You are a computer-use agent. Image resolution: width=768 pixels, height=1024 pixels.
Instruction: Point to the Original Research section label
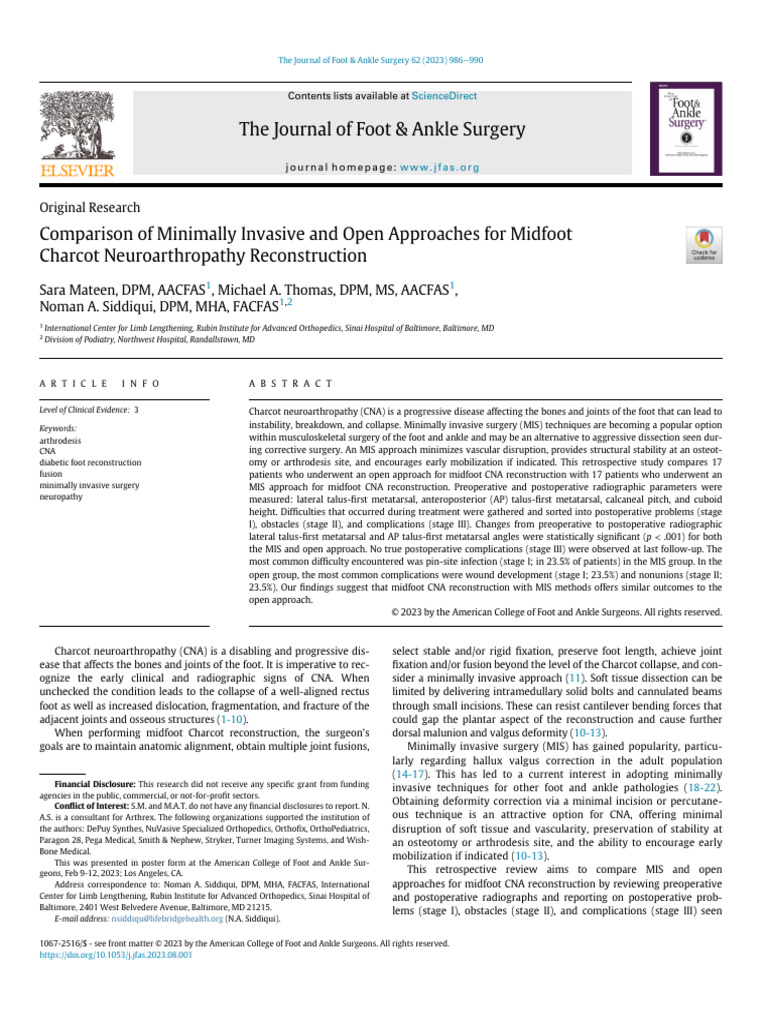point(89,208)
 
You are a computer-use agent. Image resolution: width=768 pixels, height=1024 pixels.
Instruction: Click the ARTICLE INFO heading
point(99,384)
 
